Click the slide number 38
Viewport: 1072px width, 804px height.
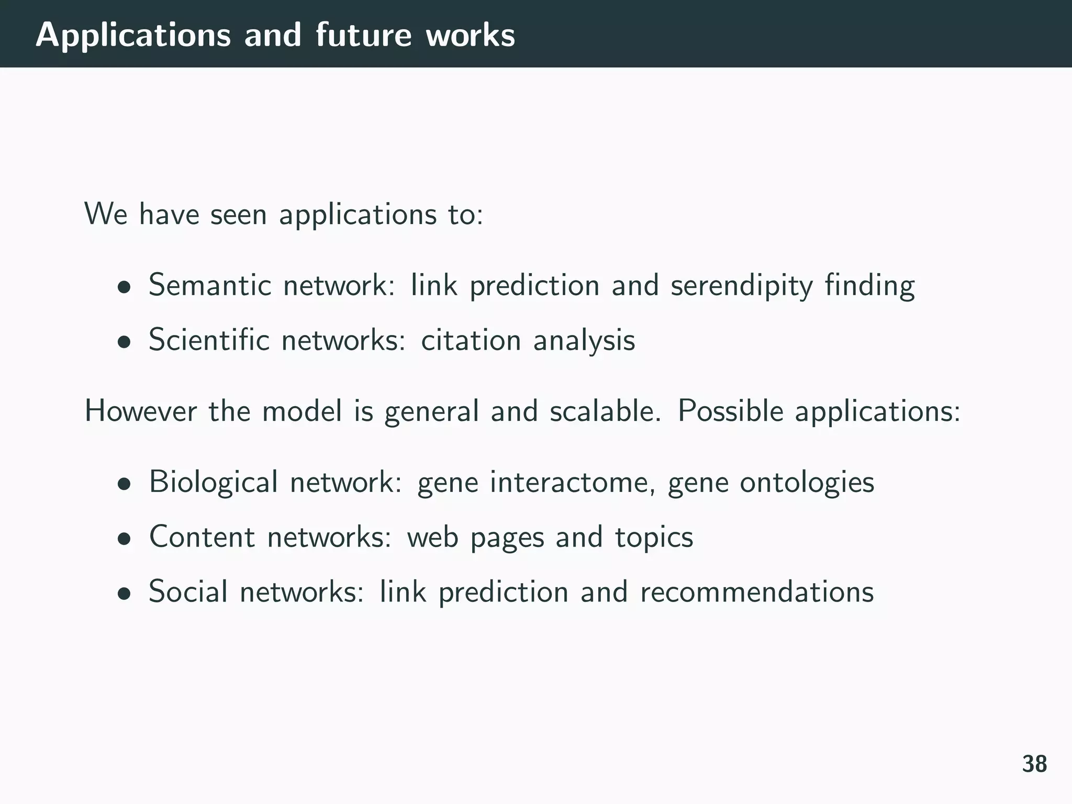point(1034,764)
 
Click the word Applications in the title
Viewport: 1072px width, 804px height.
point(133,36)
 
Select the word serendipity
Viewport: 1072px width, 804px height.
point(742,286)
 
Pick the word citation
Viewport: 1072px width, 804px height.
point(471,340)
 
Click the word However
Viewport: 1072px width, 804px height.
point(140,411)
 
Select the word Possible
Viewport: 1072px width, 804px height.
point(730,411)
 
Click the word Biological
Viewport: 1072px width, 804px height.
point(213,483)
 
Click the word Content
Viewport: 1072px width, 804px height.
point(202,537)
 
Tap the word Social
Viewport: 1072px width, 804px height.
point(188,592)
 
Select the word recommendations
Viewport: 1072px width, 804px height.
point(756,592)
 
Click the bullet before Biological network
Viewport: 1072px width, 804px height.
point(124,484)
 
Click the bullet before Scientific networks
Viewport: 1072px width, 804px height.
point(124,342)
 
